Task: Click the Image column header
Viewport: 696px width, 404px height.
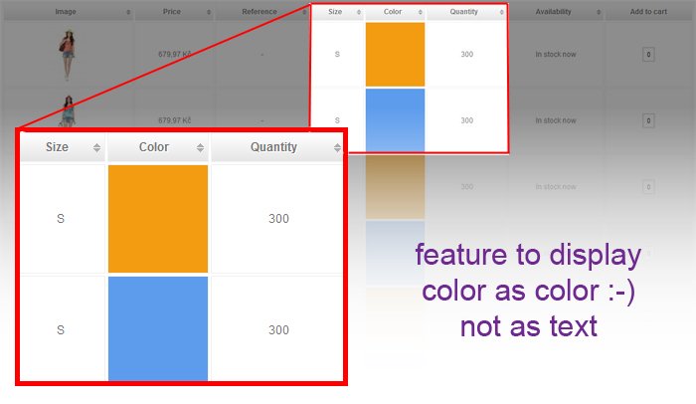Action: click(66, 12)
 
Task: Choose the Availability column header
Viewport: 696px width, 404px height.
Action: click(553, 12)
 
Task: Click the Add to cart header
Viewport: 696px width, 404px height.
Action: click(647, 12)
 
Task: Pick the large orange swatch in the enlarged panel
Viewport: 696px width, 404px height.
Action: click(158, 218)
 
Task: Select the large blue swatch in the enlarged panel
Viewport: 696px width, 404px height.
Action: click(158, 327)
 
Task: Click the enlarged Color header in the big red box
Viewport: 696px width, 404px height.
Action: click(154, 147)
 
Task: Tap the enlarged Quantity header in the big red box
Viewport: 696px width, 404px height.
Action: click(273, 147)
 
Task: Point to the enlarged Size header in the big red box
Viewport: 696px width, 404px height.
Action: click(58, 147)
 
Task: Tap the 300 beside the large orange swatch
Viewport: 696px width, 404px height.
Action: click(278, 219)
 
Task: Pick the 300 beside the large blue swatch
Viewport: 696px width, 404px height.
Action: click(278, 330)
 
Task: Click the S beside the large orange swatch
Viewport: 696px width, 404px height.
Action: click(61, 219)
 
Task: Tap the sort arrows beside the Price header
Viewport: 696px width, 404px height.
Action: click(208, 12)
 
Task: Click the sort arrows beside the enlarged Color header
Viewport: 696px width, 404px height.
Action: click(200, 147)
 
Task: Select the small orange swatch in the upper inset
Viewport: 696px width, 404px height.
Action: click(395, 54)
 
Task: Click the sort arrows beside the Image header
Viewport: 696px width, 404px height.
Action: click(127, 12)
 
